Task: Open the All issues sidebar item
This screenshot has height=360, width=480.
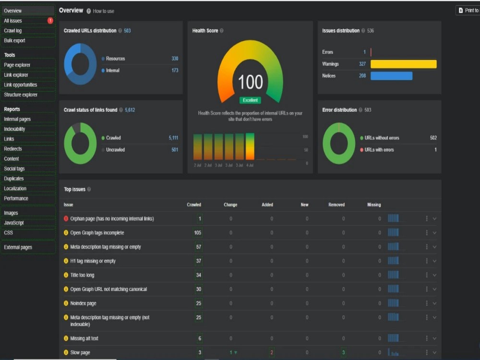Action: coord(13,21)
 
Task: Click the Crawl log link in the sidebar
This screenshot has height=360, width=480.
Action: coord(12,31)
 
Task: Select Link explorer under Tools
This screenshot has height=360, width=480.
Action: coord(16,75)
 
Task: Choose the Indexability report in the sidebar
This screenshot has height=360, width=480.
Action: coord(14,129)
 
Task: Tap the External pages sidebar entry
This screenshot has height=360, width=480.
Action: coord(18,247)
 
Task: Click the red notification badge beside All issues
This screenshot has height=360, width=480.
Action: coord(50,21)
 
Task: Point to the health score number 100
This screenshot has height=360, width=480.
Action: coord(251,82)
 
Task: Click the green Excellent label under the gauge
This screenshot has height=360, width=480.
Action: coord(250,100)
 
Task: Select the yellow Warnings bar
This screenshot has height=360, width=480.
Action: coord(404,64)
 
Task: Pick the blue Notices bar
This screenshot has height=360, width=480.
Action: coord(391,76)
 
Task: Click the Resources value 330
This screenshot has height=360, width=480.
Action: coord(175,59)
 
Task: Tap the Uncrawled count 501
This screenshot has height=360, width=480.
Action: coord(175,150)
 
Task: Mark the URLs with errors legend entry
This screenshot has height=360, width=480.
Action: coord(377,150)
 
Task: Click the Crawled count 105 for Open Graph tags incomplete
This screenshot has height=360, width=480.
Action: coord(198,233)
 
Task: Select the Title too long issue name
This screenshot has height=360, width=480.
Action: coord(82,275)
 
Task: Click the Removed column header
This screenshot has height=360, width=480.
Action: coord(336,204)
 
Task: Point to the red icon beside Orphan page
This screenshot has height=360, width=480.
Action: coord(66,218)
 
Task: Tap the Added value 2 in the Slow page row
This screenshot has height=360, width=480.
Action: coord(272,352)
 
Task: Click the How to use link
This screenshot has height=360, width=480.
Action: coord(104,11)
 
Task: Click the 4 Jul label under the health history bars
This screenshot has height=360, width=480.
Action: coord(250,165)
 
